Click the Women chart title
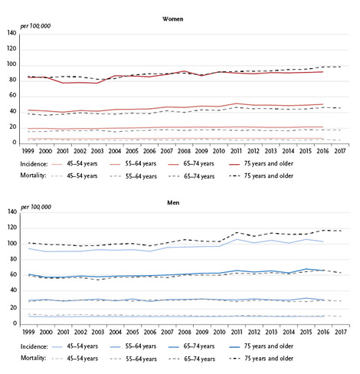173,19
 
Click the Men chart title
173,202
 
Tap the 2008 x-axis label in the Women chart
184,151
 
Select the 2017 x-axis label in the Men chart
341,332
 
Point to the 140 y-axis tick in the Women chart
11,33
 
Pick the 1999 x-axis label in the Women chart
28,151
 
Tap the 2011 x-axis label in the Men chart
237,332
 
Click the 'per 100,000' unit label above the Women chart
35,26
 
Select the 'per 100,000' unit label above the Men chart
36,207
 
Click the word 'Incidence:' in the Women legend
34,164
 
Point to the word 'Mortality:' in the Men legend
34,358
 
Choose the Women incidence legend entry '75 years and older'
269,163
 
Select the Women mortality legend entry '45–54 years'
82,176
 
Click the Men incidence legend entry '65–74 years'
199,346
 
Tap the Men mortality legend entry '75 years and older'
269,359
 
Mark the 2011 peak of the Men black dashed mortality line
237,232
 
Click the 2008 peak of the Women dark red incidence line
184,71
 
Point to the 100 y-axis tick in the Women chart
11,64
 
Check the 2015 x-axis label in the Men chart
306,332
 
